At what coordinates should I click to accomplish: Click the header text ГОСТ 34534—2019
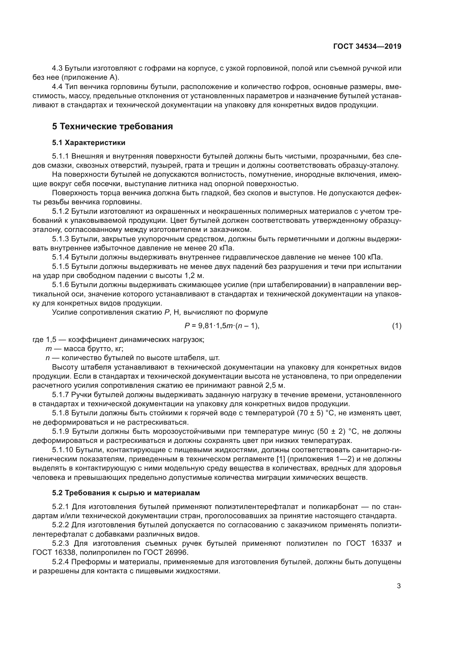tap(367, 47)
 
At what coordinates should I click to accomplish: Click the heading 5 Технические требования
tap(112, 126)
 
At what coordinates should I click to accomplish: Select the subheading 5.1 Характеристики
tap(88, 143)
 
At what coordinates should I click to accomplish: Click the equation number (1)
tap(396, 326)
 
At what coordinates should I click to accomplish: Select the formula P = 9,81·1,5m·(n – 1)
tap(222, 326)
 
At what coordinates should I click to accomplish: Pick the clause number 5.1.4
tap(60, 257)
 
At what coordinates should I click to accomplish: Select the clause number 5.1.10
tap(62, 450)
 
